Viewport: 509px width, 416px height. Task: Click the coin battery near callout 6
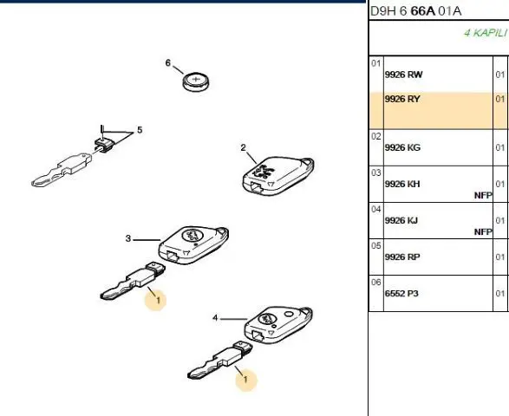(196, 81)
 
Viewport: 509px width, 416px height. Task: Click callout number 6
(168, 62)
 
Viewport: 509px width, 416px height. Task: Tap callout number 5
(140, 130)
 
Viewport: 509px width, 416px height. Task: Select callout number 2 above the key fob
(243, 147)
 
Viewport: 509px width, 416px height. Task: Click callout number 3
(128, 238)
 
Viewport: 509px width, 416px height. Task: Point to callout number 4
(215, 318)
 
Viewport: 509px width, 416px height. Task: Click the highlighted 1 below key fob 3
(158, 300)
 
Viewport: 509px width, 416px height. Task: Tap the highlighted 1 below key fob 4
(245, 379)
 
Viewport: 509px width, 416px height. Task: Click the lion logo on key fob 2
(264, 171)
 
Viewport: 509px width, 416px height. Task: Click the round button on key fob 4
(288, 314)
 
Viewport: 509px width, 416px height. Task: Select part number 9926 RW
(403, 75)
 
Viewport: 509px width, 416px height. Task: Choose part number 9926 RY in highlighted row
(402, 99)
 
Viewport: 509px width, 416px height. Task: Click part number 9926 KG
(402, 147)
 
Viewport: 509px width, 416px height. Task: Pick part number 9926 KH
(402, 184)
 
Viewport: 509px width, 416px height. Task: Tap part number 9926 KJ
(401, 220)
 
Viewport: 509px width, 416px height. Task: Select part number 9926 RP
(402, 257)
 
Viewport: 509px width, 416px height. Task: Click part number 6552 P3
(401, 293)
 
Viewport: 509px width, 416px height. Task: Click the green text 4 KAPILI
(486, 33)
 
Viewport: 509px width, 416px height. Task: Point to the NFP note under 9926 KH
(483, 195)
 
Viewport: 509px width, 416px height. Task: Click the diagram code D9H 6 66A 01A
(416, 11)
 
